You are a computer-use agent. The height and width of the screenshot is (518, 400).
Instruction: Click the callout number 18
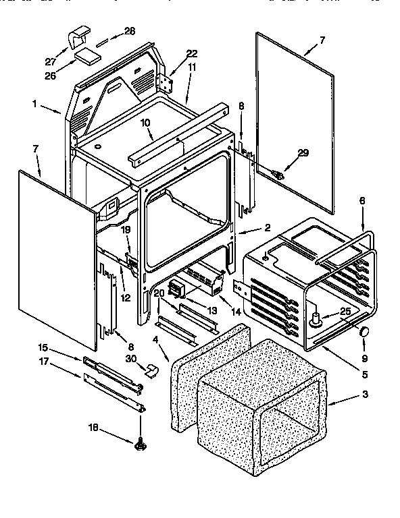[x=95, y=427]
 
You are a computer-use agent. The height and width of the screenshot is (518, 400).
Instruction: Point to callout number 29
[x=303, y=153]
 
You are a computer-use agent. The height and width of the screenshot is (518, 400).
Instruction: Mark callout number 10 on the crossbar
[x=145, y=123]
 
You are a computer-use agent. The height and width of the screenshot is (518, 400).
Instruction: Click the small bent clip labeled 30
[x=151, y=369]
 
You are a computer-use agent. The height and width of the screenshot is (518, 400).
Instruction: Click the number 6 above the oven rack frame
[x=361, y=200]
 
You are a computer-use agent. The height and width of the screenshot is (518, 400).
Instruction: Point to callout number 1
[x=34, y=104]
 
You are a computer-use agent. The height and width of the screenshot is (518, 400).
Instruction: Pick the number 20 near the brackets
[x=159, y=293]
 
